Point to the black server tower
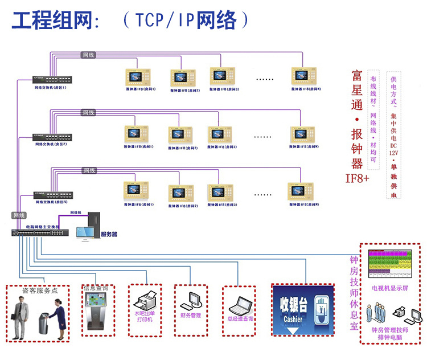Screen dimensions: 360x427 click(x=95, y=226)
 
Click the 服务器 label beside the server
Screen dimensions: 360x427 click(x=109, y=234)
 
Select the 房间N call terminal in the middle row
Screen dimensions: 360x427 click(x=302, y=134)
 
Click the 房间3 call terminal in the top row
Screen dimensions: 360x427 click(x=223, y=76)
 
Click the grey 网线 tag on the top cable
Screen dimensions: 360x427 click(x=89, y=55)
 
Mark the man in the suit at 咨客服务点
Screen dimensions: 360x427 click(x=21, y=317)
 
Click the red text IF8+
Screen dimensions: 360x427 click(x=358, y=178)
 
